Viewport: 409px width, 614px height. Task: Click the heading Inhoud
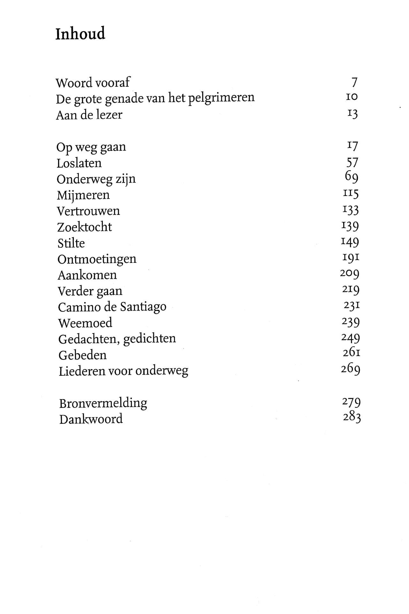click(x=80, y=34)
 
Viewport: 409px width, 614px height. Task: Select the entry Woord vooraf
click(x=93, y=83)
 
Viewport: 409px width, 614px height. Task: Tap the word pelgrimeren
click(x=221, y=98)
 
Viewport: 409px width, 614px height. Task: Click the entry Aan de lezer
click(x=89, y=115)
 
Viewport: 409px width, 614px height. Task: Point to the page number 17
click(x=352, y=146)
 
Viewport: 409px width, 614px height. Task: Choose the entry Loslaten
click(x=79, y=163)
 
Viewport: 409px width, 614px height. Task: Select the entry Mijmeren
click(x=83, y=195)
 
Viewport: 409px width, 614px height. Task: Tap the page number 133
click(x=350, y=210)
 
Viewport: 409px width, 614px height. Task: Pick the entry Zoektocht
click(x=85, y=227)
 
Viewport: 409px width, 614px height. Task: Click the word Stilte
click(x=71, y=243)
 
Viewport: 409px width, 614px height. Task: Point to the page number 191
click(x=351, y=257)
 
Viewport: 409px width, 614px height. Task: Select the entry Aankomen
click(x=87, y=275)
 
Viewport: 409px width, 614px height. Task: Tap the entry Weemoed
click(x=85, y=323)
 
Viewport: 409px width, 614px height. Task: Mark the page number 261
click(x=352, y=353)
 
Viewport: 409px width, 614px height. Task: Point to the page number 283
click(x=352, y=417)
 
